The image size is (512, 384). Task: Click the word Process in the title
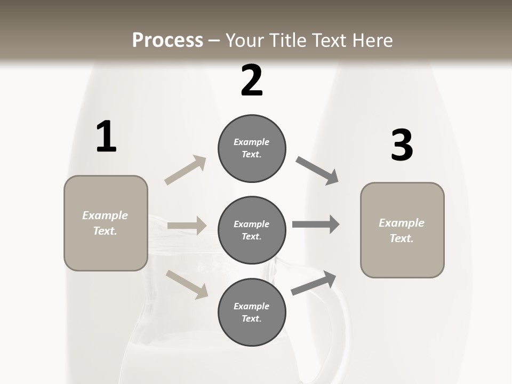click(x=167, y=41)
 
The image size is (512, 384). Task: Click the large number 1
click(x=106, y=137)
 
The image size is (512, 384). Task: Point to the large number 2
click(x=252, y=81)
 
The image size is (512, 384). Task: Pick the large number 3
click(x=402, y=146)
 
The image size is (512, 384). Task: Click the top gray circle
click(x=252, y=148)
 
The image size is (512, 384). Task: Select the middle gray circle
click(x=252, y=230)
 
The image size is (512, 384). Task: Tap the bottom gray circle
click(x=252, y=313)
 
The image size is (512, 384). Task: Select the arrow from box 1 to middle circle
click(x=187, y=226)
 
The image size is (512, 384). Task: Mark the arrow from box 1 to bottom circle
click(x=187, y=284)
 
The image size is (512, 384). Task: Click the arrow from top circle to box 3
click(x=317, y=171)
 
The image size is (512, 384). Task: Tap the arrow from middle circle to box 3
click(x=316, y=225)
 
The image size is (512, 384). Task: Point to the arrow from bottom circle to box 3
click(x=314, y=283)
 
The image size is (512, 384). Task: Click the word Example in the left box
click(x=105, y=215)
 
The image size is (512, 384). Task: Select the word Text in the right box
click(x=401, y=238)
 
